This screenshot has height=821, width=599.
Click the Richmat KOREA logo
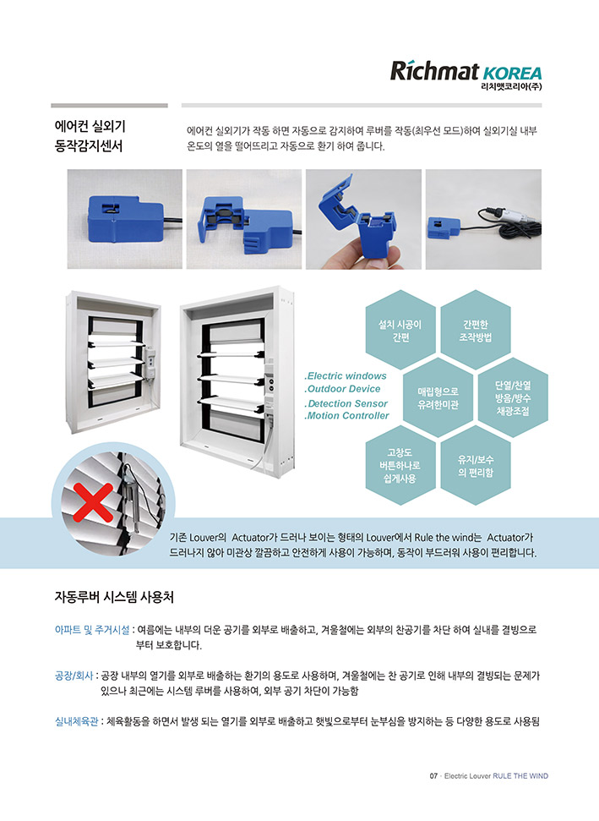click(466, 75)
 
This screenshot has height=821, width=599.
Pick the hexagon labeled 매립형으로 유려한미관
click(438, 398)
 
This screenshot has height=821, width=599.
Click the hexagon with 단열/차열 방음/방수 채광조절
click(513, 398)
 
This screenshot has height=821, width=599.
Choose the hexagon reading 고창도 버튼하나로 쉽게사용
click(400, 466)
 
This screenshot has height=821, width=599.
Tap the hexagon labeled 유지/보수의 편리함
click(476, 466)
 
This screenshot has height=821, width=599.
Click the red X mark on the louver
click(93, 502)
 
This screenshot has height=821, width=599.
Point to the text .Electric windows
click(346, 376)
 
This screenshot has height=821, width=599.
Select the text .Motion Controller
click(347, 416)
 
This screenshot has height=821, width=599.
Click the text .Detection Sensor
click(346, 403)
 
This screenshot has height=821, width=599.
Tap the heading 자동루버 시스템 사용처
click(114, 597)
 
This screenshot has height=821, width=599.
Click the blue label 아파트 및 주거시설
click(92, 630)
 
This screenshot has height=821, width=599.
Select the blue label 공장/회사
click(74, 676)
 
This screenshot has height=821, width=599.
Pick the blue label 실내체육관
click(76, 721)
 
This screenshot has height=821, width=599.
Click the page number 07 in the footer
click(433, 776)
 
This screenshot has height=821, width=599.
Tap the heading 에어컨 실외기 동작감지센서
click(90, 136)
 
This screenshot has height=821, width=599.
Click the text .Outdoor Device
click(343, 389)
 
